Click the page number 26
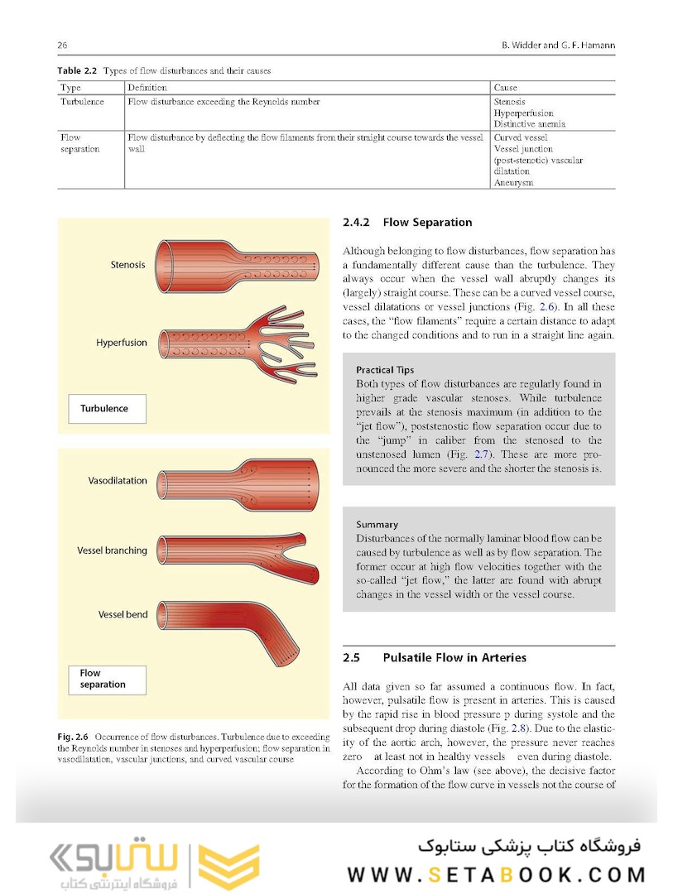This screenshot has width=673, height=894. tap(61, 45)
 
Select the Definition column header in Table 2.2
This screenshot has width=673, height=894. tap(147, 87)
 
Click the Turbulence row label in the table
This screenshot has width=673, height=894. tap(82, 102)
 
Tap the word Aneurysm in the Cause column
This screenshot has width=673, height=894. tap(513, 182)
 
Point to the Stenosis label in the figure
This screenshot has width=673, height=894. tap(127, 265)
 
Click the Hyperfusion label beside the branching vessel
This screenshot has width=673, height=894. tap(121, 342)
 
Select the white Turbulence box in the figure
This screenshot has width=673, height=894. tap(107, 408)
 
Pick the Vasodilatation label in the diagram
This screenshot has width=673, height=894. tap(118, 481)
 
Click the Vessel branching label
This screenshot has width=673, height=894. tap(112, 550)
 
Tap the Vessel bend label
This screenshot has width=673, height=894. tap(123, 615)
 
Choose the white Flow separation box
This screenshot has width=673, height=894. tap(107, 680)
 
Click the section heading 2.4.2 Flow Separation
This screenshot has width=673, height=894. tap(407, 223)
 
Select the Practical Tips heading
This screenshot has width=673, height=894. tap(385, 370)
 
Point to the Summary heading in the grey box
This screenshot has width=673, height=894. tap(377, 524)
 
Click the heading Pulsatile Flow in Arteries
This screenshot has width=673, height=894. tap(454, 658)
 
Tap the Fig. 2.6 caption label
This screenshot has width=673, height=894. tap(74, 735)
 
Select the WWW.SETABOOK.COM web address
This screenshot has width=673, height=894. tap(496, 875)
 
